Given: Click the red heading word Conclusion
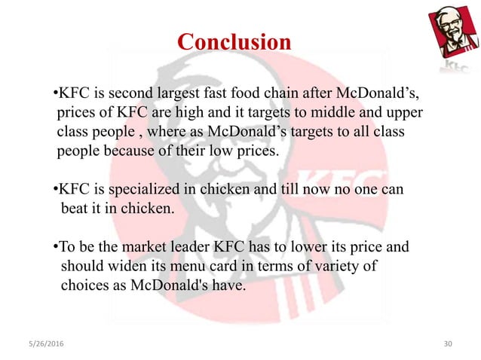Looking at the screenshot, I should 234,41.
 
